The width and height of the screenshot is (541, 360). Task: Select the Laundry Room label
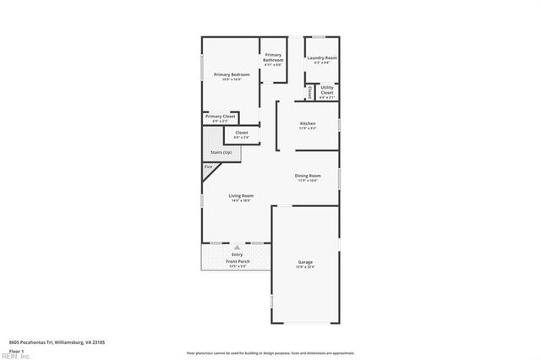click(322, 58)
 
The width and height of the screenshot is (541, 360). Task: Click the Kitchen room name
click(308, 123)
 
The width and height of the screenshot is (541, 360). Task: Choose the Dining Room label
click(309, 175)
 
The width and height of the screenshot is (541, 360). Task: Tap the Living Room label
click(241, 195)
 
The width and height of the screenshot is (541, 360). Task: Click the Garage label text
click(305, 262)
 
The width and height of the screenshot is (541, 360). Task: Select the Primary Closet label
click(219, 116)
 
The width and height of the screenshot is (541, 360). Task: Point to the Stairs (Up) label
click(221, 152)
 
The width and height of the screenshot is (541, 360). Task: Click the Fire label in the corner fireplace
click(208, 167)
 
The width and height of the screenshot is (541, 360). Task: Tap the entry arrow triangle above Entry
click(237, 247)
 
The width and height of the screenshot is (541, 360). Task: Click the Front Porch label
click(237, 262)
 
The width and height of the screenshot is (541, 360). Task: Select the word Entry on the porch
click(237, 254)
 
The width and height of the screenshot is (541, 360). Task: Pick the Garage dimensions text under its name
click(305, 268)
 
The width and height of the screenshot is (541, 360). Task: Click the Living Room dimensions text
click(241, 201)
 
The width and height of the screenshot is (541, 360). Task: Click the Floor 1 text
click(16, 351)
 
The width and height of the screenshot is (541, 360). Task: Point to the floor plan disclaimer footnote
click(270, 352)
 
